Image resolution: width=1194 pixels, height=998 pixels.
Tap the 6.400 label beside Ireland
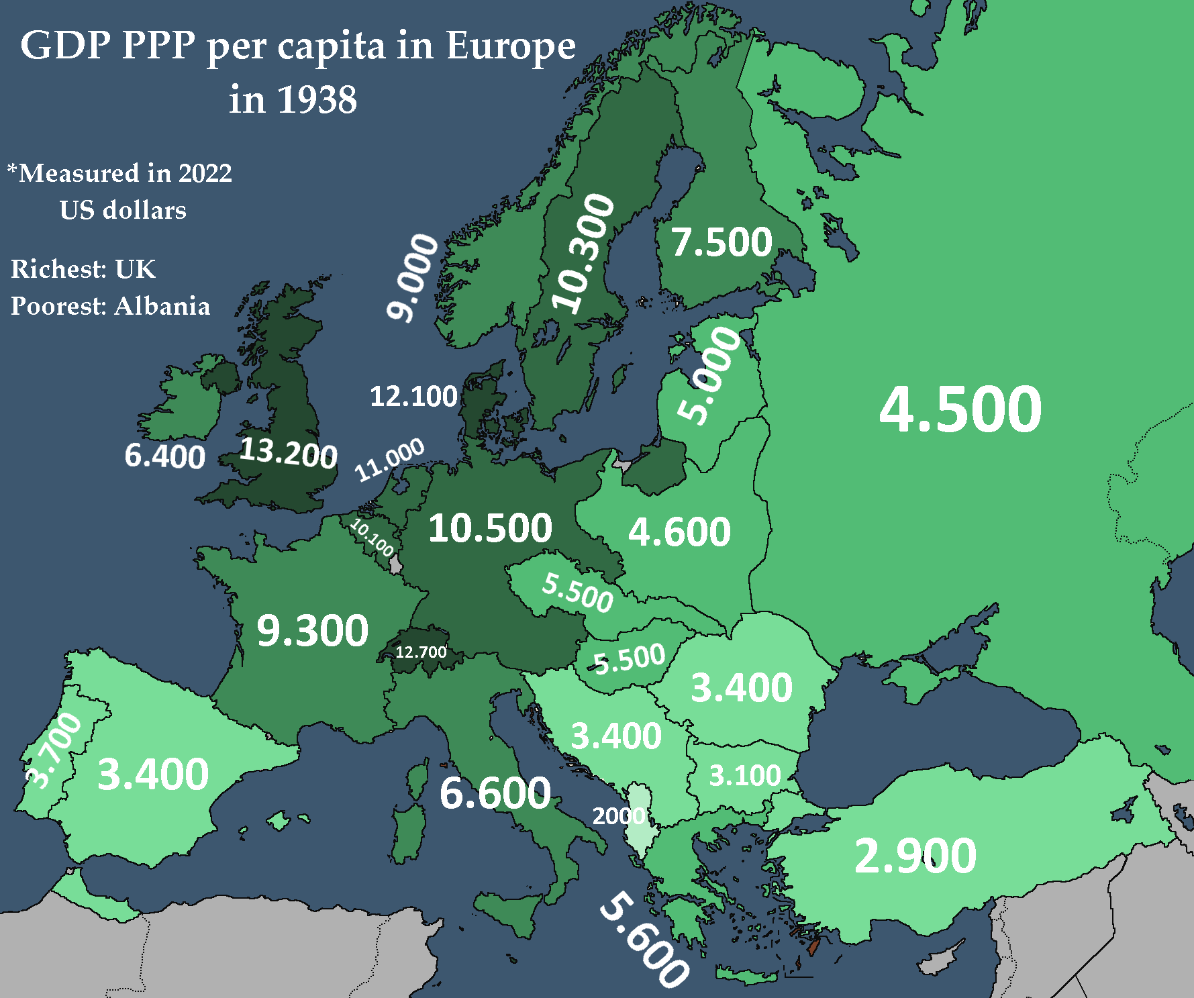[165, 456]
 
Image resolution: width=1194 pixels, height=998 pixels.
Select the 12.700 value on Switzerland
[421, 652]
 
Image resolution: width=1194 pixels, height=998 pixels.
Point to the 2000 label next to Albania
[617, 815]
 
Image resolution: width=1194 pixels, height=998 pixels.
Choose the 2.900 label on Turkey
[915, 856]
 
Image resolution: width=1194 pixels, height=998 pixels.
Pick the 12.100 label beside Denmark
[413, 396]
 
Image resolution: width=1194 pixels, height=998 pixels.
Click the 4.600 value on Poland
[679, 532]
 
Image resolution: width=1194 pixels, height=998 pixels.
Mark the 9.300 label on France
[313, 631]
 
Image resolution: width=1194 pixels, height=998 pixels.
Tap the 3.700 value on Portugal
[54, 750]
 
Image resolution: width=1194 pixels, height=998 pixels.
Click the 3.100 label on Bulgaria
[745, 776]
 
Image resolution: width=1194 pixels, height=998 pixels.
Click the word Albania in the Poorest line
[162, 306]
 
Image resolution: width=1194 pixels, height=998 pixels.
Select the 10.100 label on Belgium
[372, 537]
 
